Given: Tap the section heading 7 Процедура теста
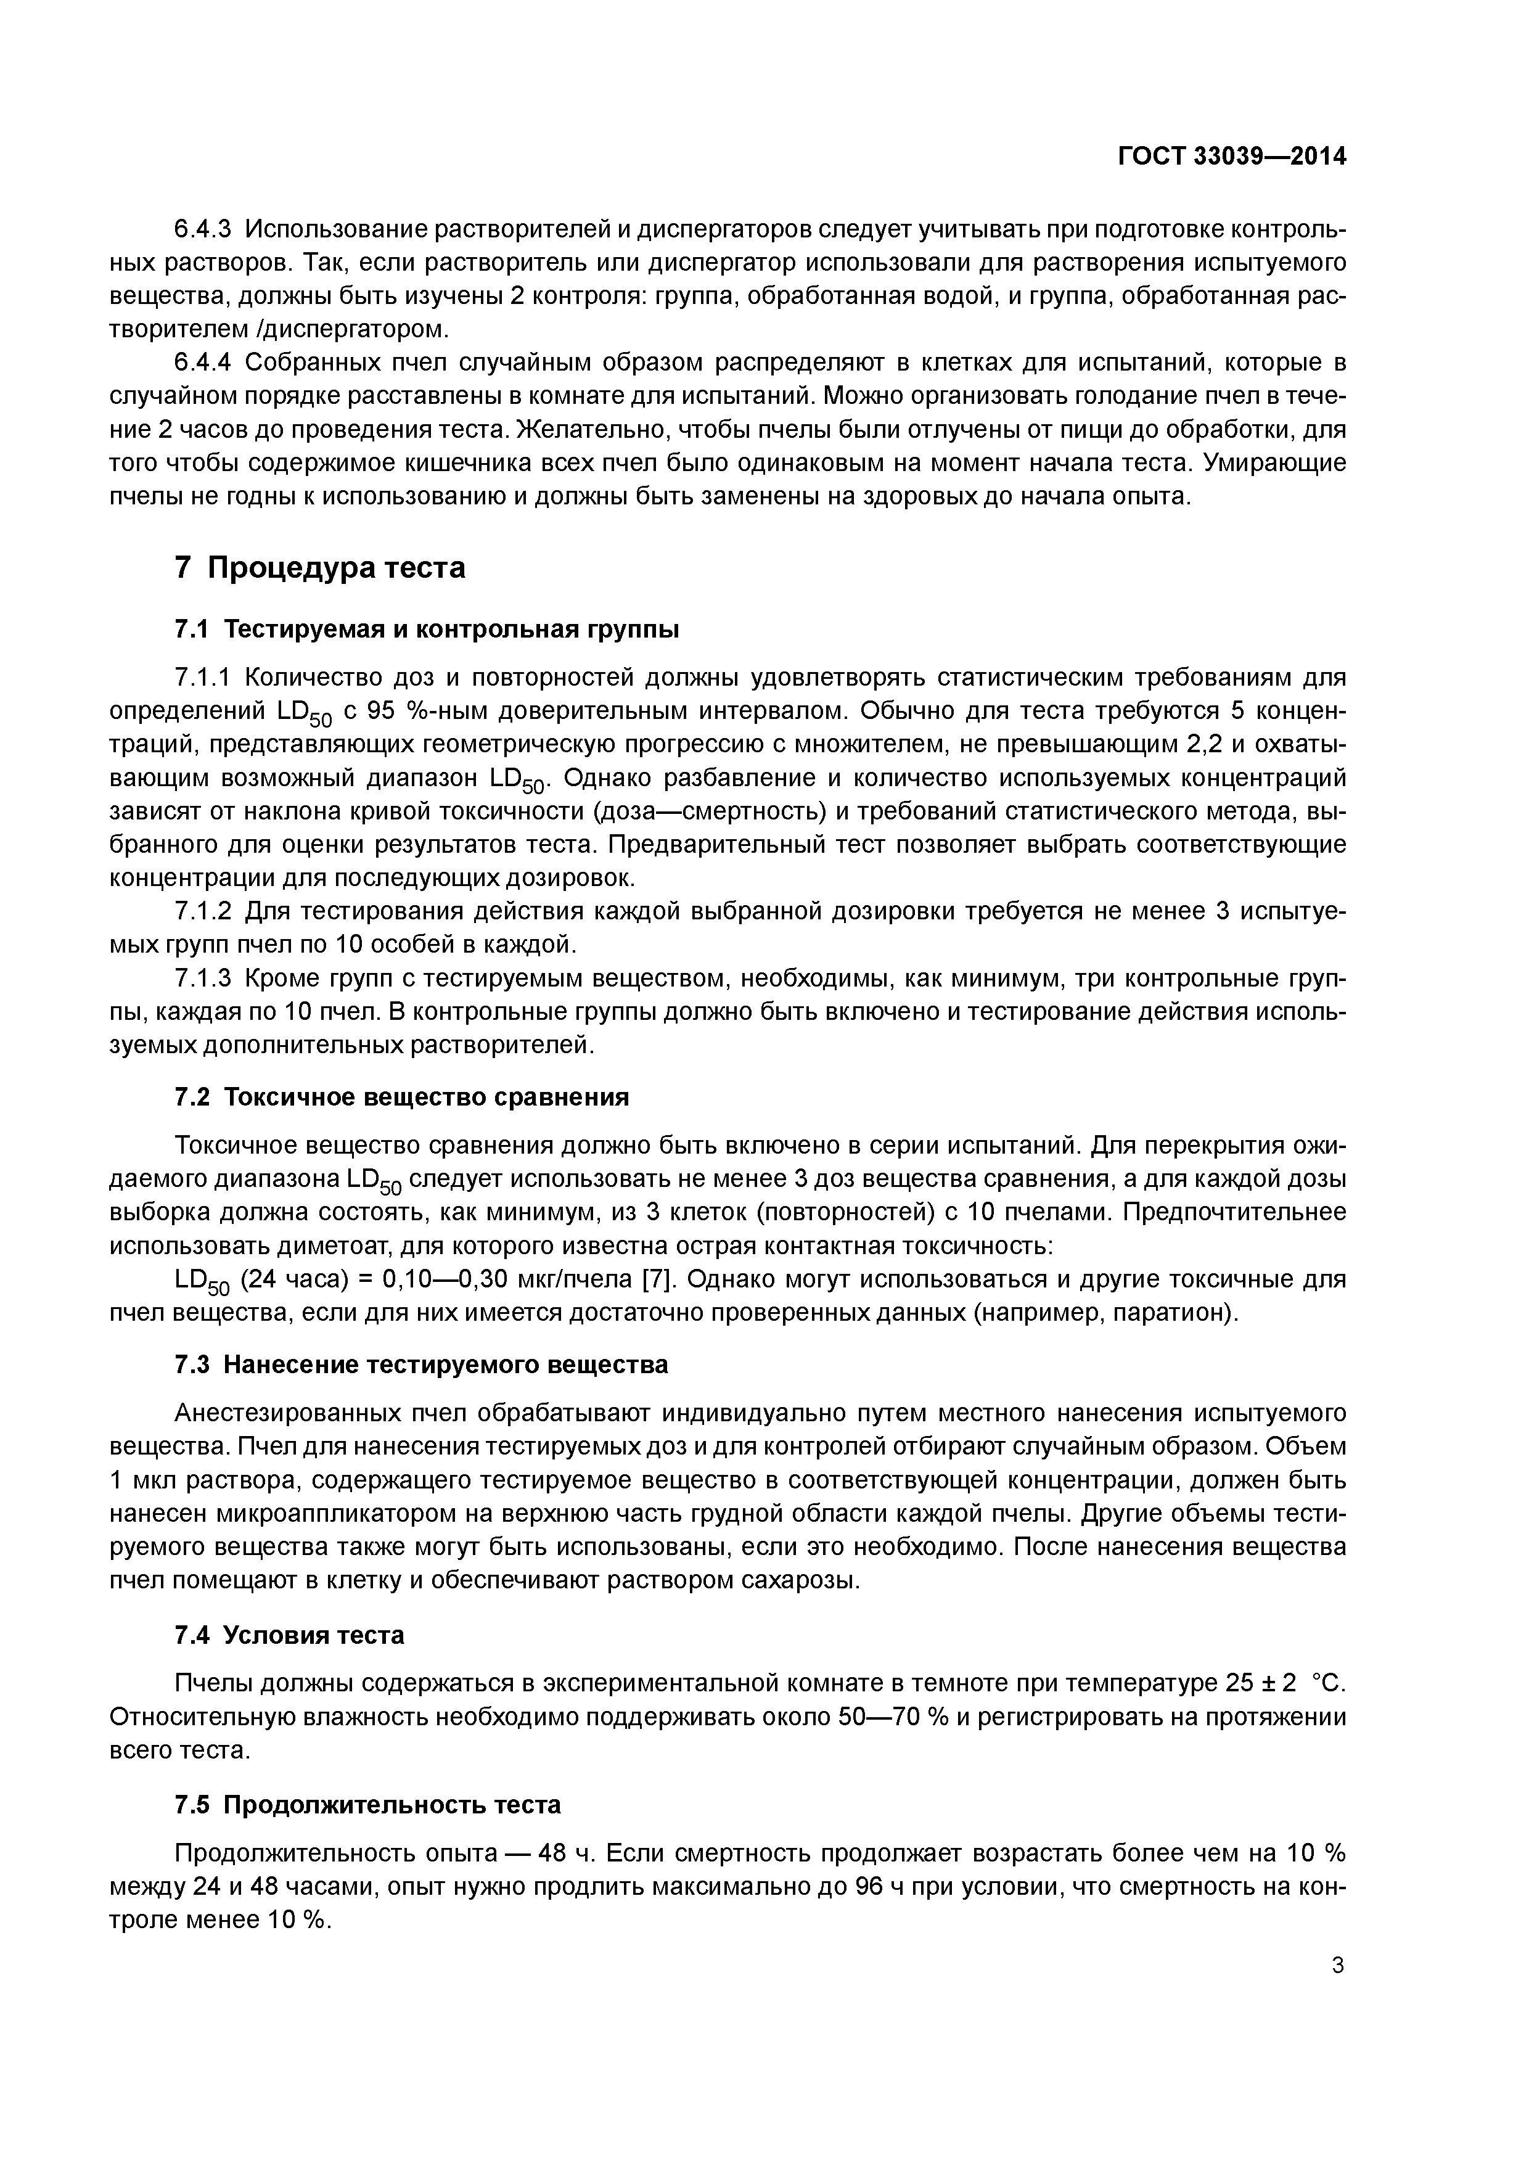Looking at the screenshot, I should click(321, 568).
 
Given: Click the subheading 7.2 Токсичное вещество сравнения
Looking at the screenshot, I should click(401, 1098).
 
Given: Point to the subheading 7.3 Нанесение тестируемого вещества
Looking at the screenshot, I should click(421, 1365).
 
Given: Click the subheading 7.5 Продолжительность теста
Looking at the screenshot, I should click(367, 1801).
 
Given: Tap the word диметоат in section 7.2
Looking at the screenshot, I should click(337, 1246).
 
